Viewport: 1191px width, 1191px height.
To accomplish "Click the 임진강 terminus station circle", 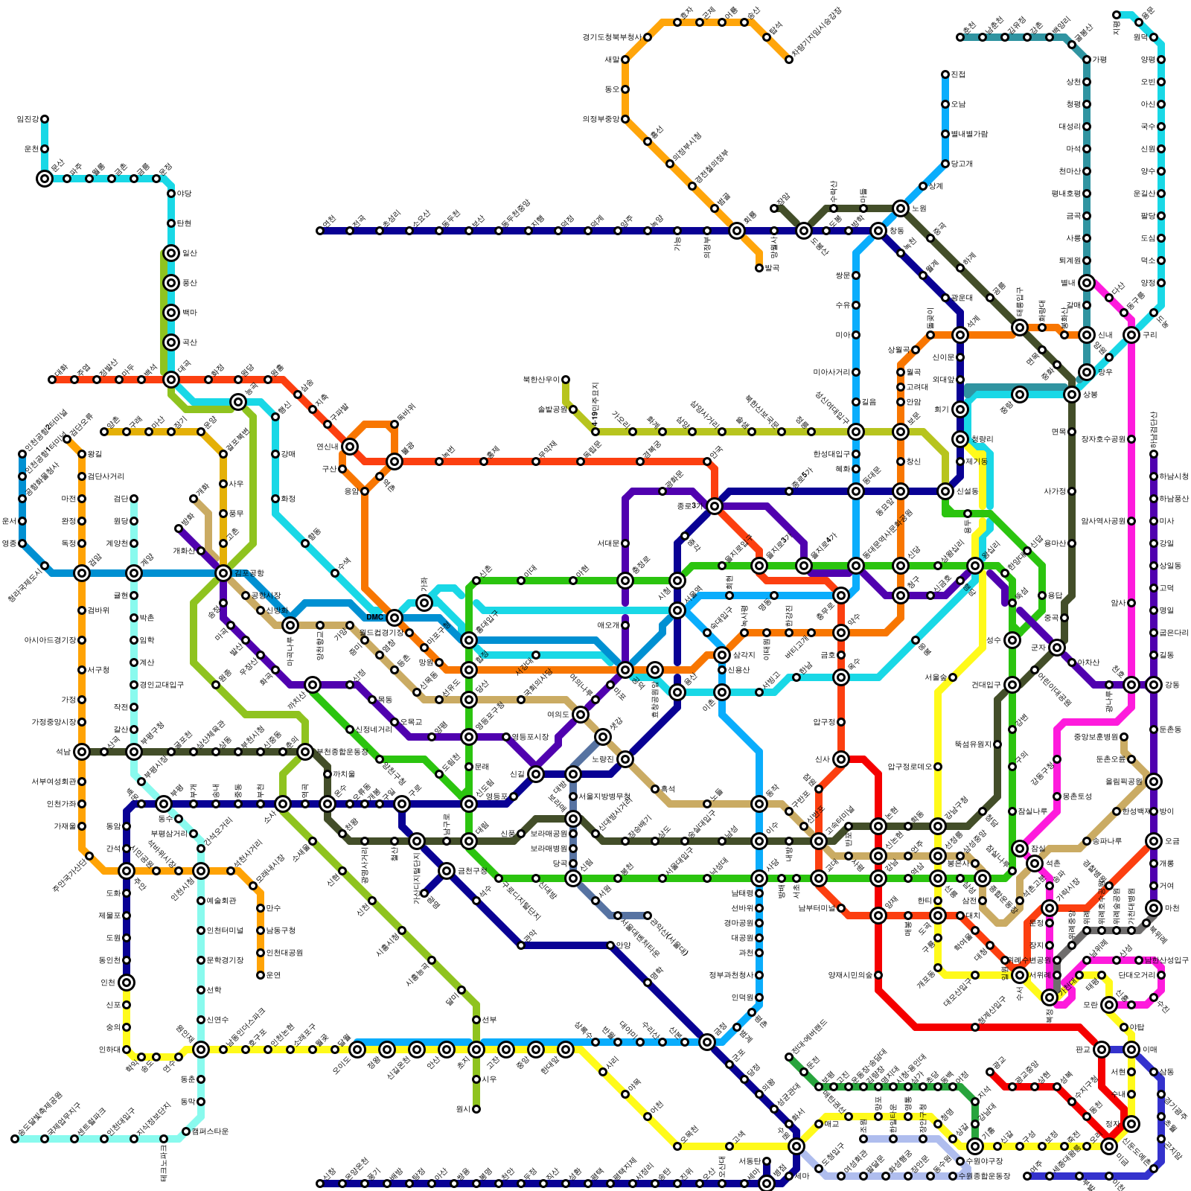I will pos(45,119).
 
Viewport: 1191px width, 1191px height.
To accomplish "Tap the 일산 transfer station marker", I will pos(171,253).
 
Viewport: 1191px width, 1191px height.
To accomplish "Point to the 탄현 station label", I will pos(184,223).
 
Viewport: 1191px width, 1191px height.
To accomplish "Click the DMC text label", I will pos(374,617).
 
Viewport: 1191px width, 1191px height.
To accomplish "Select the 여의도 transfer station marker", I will pos(581,715).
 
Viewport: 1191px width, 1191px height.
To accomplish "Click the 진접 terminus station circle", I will pos(945,74).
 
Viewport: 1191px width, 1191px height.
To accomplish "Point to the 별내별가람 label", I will pos(969,134).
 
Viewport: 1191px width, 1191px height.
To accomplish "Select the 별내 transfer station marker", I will pos(1087,283).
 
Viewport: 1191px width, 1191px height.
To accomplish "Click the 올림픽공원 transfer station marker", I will pos(1154,782).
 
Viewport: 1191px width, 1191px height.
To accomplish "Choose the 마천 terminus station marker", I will pos(1154,908).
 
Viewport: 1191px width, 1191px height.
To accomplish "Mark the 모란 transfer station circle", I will pos(1109,1005).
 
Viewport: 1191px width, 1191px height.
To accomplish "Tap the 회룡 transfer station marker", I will pos(737,231).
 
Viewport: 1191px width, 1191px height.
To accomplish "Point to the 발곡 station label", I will pos(771,268).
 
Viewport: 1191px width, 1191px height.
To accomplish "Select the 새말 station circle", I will pos(625,60).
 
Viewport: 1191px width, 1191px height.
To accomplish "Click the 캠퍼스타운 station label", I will pos(210,1131).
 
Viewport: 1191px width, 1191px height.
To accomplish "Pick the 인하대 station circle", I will pos(127,1050).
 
